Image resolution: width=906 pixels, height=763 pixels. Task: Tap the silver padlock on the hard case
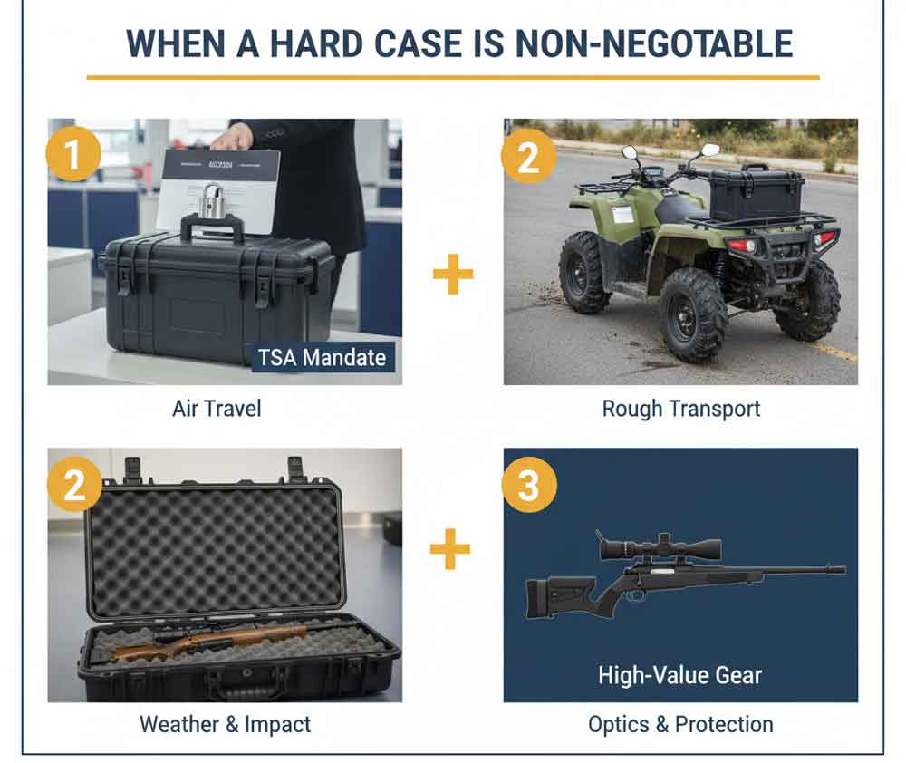point(214,200)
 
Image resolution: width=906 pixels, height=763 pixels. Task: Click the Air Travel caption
point(217,409)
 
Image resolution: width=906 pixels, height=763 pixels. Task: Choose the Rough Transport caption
point(681,409)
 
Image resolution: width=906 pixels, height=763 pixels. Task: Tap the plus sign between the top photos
point(452,275)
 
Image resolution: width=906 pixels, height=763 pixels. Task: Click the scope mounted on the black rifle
point(660,548)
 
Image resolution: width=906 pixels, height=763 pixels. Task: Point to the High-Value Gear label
point(680,674)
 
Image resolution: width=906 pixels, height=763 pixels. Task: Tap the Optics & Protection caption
point(680,724)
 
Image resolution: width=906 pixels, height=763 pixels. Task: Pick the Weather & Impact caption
point(225,724)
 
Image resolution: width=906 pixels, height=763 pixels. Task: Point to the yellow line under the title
point(452,78)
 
